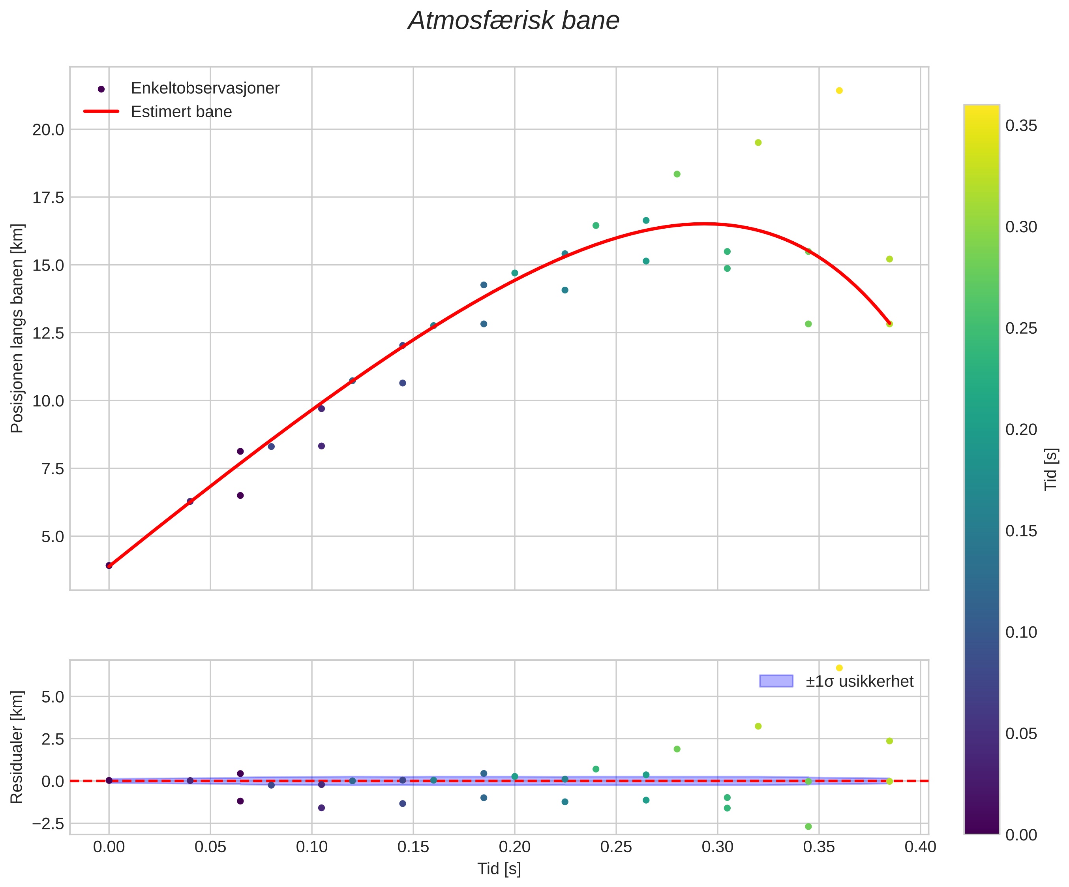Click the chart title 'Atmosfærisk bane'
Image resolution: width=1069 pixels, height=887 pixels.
514,21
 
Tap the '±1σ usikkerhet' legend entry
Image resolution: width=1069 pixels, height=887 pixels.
859,681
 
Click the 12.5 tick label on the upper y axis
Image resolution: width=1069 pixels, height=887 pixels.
49,333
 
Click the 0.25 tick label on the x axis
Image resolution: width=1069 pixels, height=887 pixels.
616,848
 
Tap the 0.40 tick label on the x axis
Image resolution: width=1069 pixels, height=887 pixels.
920,848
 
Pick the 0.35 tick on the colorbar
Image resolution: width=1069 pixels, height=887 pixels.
1021,126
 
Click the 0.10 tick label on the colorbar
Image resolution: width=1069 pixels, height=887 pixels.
1021,632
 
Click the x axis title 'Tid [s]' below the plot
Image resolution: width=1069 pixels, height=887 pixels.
499,869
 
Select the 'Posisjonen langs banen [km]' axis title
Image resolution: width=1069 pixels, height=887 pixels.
17,329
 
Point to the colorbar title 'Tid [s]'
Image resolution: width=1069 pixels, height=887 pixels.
1051,470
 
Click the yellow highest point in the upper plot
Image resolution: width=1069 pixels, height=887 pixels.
839,90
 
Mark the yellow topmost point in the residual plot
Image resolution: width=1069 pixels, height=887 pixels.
839,668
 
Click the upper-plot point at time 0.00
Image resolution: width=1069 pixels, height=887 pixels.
109,565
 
